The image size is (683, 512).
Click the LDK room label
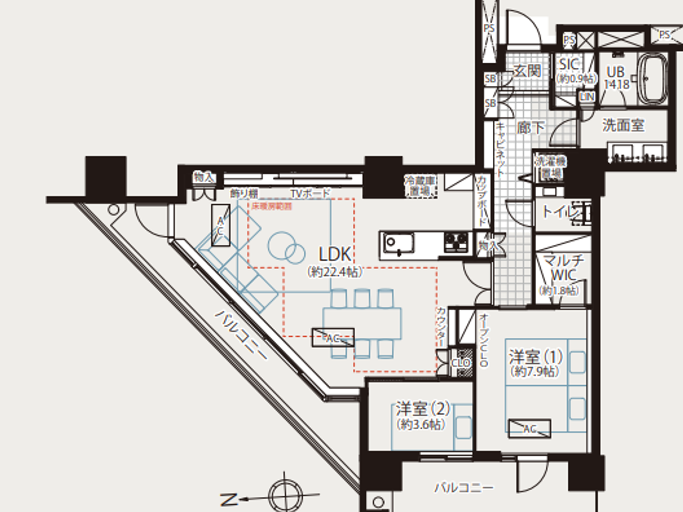[335, 254]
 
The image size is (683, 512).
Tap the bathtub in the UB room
[653, 78]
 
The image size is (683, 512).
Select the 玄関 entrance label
[527, 71]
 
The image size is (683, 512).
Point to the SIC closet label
[569, 64]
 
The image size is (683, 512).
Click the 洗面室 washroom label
[623, 125]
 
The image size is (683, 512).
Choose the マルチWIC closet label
[563, 267]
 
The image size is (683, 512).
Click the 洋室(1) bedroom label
[535, 357]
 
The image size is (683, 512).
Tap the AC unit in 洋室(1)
[529, 429]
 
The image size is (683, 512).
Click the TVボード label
[310, 194]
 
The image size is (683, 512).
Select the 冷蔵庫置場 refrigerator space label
[420, 185]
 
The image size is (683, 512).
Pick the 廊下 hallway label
[531, 128]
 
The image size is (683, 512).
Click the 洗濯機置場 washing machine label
[551, 167]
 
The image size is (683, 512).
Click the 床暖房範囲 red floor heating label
[272, 206]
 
